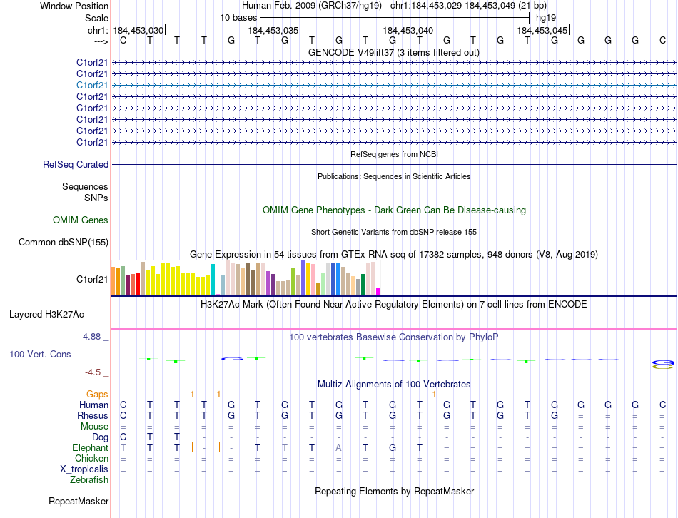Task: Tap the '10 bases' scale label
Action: pyautogui.click(x=238, y=17)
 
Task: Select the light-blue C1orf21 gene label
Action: pyautogui.click(x=92, y=85)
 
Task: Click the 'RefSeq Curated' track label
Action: pyautogui.click(x=76, y=165)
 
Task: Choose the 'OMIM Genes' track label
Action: pyautogui.click(x=81, y=220)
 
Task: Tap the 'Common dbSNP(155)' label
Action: pyautogui.click(x=64, y=243)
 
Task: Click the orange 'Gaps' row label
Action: pyautogui.click(x=97, y=394)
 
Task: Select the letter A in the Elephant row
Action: pyautogui.click(x=339, y=447)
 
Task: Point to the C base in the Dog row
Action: pyautogui.click(x=123, y=437)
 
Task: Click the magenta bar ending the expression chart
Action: pyautogui.click(x=378, y=290)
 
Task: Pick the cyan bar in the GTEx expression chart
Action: pyautogui.click(x=213, y=279)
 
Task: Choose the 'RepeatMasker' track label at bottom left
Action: pyautogui.click(x=79, y=502)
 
